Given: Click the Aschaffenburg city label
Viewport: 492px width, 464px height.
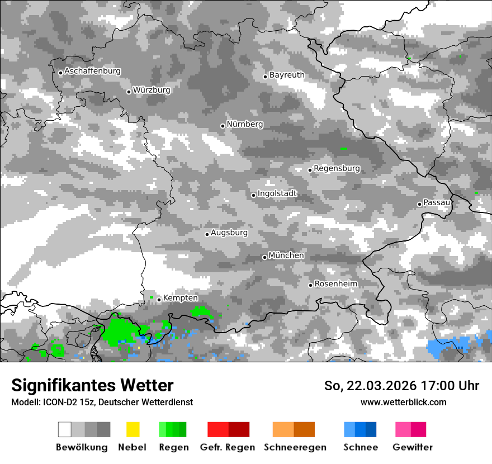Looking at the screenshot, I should point(92,71).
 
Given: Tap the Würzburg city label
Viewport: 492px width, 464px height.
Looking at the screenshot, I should point(152,90).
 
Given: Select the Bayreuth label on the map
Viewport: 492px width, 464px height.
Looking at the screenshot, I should point(287,75).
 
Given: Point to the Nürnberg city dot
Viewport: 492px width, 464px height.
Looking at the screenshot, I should point(223,126).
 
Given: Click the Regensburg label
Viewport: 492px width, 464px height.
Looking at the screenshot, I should point(337,168).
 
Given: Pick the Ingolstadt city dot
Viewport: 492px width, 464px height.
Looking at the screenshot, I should point(253,195).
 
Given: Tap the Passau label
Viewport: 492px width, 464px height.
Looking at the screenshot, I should point(437,202).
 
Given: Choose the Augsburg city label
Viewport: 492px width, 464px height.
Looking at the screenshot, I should point(229,233).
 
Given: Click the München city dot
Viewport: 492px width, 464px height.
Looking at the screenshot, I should point(264,257).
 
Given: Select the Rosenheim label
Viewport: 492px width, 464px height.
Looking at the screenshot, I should point(335,284).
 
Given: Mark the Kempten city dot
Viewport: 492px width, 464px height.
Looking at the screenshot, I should point(159,300).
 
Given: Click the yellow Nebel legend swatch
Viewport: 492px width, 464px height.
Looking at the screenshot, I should point(133,429).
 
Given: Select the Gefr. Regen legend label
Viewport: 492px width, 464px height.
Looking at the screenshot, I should point(228,447).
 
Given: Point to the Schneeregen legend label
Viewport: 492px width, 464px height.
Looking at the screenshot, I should point(295,447).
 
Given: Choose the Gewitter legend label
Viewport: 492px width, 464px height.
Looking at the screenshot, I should point(412,447).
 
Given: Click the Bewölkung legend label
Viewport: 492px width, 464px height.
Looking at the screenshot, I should point(82,447).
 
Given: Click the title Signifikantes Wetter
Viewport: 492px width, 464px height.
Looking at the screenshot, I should point(92,386).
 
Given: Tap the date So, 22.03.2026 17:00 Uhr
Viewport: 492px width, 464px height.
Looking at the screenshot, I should point(401,386).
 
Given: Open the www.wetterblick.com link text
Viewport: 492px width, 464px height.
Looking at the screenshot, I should point(403,402).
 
